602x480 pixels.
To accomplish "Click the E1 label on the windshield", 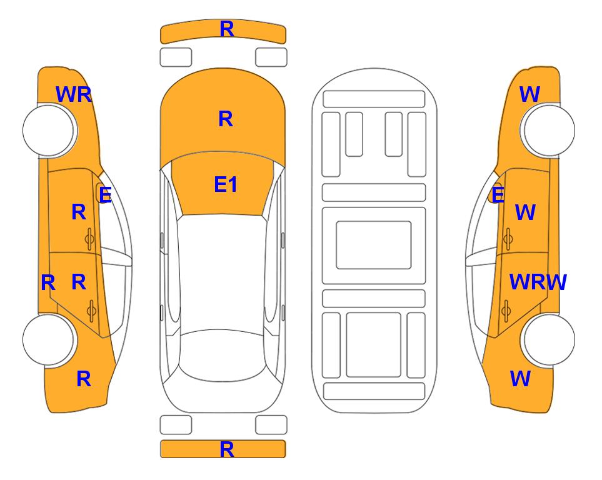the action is tap(226, 184).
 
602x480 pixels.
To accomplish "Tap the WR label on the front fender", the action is tap(74, 94).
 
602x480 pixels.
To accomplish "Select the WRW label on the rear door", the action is tap(538, 282).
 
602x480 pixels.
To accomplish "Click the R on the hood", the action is tap(226, 119).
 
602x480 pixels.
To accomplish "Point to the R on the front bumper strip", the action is tap(226, 29).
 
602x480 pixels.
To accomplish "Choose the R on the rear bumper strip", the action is tap(226, 449).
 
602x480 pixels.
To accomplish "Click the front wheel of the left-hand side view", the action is tap(48, 131).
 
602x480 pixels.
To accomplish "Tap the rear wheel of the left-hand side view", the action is tap(48, 339).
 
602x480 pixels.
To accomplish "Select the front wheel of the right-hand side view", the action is tap(549, 131).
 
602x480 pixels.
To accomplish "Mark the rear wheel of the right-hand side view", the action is tap(549, 339).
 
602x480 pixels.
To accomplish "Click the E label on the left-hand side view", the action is tap(105, 194).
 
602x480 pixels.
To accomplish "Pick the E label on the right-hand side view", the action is tap(498, 194).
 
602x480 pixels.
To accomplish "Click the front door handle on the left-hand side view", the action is tap(90, 239).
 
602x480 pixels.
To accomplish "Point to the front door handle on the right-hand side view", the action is tap(508, 239).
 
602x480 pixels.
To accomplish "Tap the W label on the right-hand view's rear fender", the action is tap(520, 379).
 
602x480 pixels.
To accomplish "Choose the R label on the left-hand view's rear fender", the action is tap(84, 379).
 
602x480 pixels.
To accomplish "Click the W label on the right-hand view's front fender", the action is tap(529, 94).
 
